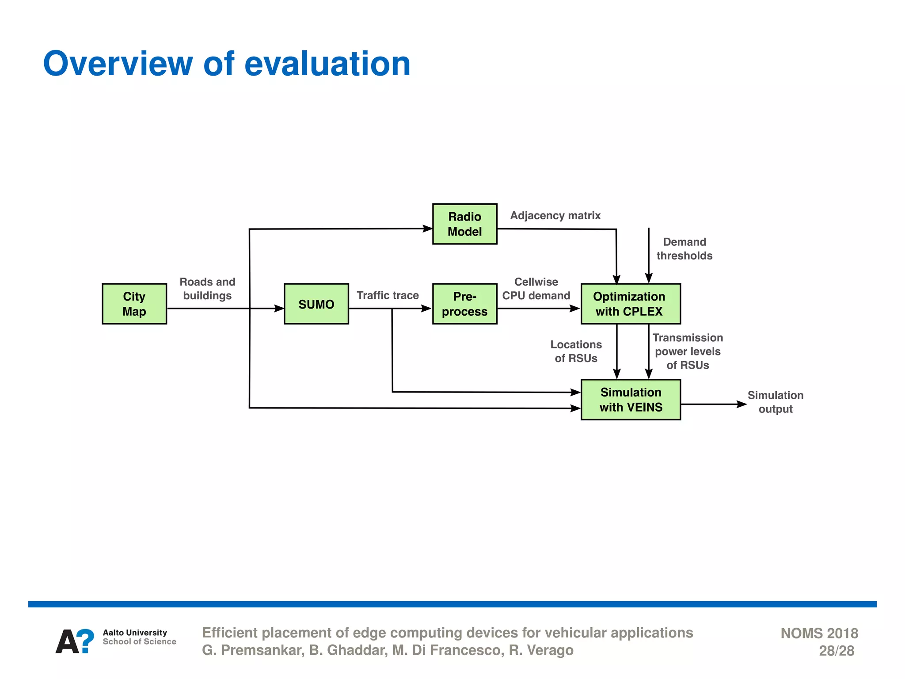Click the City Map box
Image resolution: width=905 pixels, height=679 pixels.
click(x=134, y=304)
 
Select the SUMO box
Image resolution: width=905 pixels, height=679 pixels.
click(x=316, y=304)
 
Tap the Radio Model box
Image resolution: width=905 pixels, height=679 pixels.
click(x=464, y=224)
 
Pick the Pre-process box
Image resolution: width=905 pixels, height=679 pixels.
click(x=464, y=304)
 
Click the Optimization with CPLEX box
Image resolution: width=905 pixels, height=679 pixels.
click(x=631, y=304)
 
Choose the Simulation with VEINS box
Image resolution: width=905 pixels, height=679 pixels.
click(x=631, y=400)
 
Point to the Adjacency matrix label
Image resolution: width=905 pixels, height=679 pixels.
click(x=555, y=216)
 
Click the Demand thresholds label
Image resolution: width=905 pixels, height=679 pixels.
click(x=684, y=249)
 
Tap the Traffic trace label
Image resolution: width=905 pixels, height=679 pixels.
click(x=388, y=295)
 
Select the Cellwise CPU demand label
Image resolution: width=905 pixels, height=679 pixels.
click(x=536, y=289)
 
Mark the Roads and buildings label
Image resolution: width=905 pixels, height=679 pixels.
click(x=207, y=289)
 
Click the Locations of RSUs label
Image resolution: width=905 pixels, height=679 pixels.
click(x=576, y=351)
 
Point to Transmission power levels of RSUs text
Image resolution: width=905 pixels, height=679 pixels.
click(x=688, y=351)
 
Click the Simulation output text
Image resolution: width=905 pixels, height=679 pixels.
click(x=775, y=402)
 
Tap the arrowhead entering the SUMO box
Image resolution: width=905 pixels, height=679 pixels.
click(x=279, y=309)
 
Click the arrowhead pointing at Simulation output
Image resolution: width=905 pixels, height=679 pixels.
click(x=742, y=404)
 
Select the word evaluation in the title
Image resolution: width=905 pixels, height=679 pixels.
click(x=327, y=64)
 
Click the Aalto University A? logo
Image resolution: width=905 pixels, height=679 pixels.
click(x=75, y=641)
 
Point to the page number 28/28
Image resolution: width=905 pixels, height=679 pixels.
click(x=836, y=651)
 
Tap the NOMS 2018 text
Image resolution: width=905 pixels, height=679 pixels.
click(x=819, y=633)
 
